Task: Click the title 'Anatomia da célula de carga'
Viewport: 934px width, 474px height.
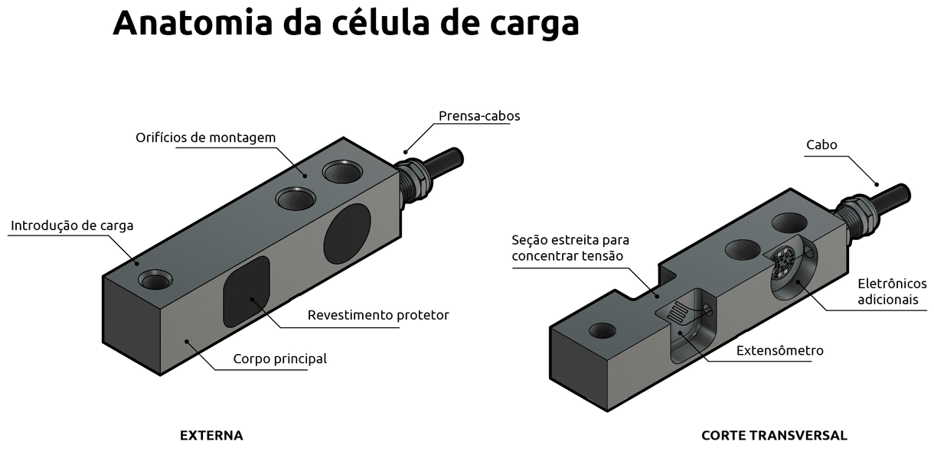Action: click(345, 23)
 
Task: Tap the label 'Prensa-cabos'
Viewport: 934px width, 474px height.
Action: click(479, 116)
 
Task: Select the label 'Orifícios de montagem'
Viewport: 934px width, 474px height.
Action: click(205, 138)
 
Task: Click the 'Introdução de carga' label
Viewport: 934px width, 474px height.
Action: click(72, 226)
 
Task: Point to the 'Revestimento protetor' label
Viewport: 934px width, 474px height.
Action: click(378, 315)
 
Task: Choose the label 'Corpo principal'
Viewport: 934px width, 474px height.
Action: click(279, 359)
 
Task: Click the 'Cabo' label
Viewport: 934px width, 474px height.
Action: click(821, 145)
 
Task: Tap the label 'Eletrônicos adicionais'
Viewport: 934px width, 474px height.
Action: click(891, 291)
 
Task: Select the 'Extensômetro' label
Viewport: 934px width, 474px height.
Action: click(779, 350)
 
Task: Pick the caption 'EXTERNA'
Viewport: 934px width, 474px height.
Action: click(211, 436)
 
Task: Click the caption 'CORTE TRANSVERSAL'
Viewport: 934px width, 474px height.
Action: click(774, 436)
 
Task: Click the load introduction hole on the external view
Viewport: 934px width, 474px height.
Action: click(156, 281)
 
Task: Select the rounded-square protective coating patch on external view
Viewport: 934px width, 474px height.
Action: click(246, 291)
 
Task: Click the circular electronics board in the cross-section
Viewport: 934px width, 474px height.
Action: click(783, 264)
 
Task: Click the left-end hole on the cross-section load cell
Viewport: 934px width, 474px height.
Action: click(602, 330)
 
